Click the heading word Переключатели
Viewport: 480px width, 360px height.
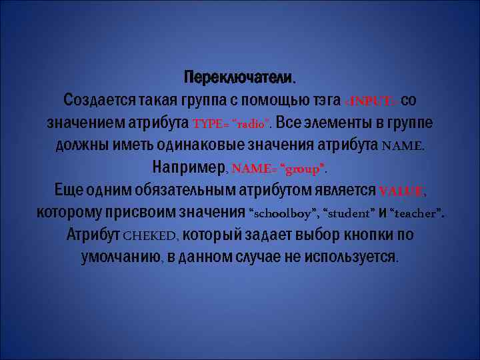pos(239,77)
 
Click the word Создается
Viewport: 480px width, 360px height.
pos(99,100)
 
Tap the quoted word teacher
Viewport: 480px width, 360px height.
pos(417,214)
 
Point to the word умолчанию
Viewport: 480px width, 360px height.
pos(120,258)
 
